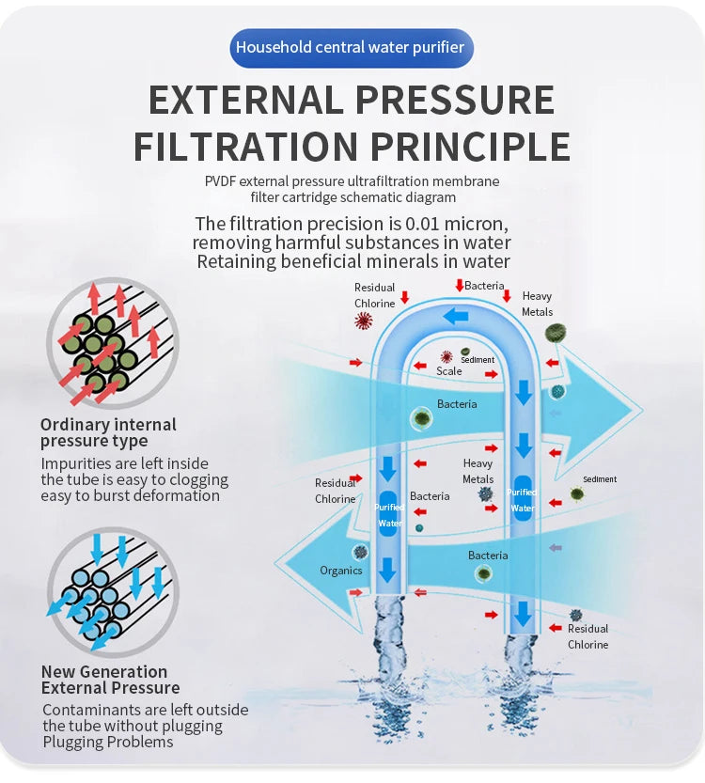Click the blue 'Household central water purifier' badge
[352, 47]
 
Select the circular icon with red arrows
[112, 342]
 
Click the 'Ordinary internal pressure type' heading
[108, 432]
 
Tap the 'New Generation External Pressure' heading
[110, 680]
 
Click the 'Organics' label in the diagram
[340, 571]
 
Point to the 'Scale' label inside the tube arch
[449, 371]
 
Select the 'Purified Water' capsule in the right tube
[523, 500]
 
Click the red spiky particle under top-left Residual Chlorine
[363, 322]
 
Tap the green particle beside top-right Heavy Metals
[556, 332]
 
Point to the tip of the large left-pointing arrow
[278, 562]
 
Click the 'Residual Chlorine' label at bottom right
[587, 636]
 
